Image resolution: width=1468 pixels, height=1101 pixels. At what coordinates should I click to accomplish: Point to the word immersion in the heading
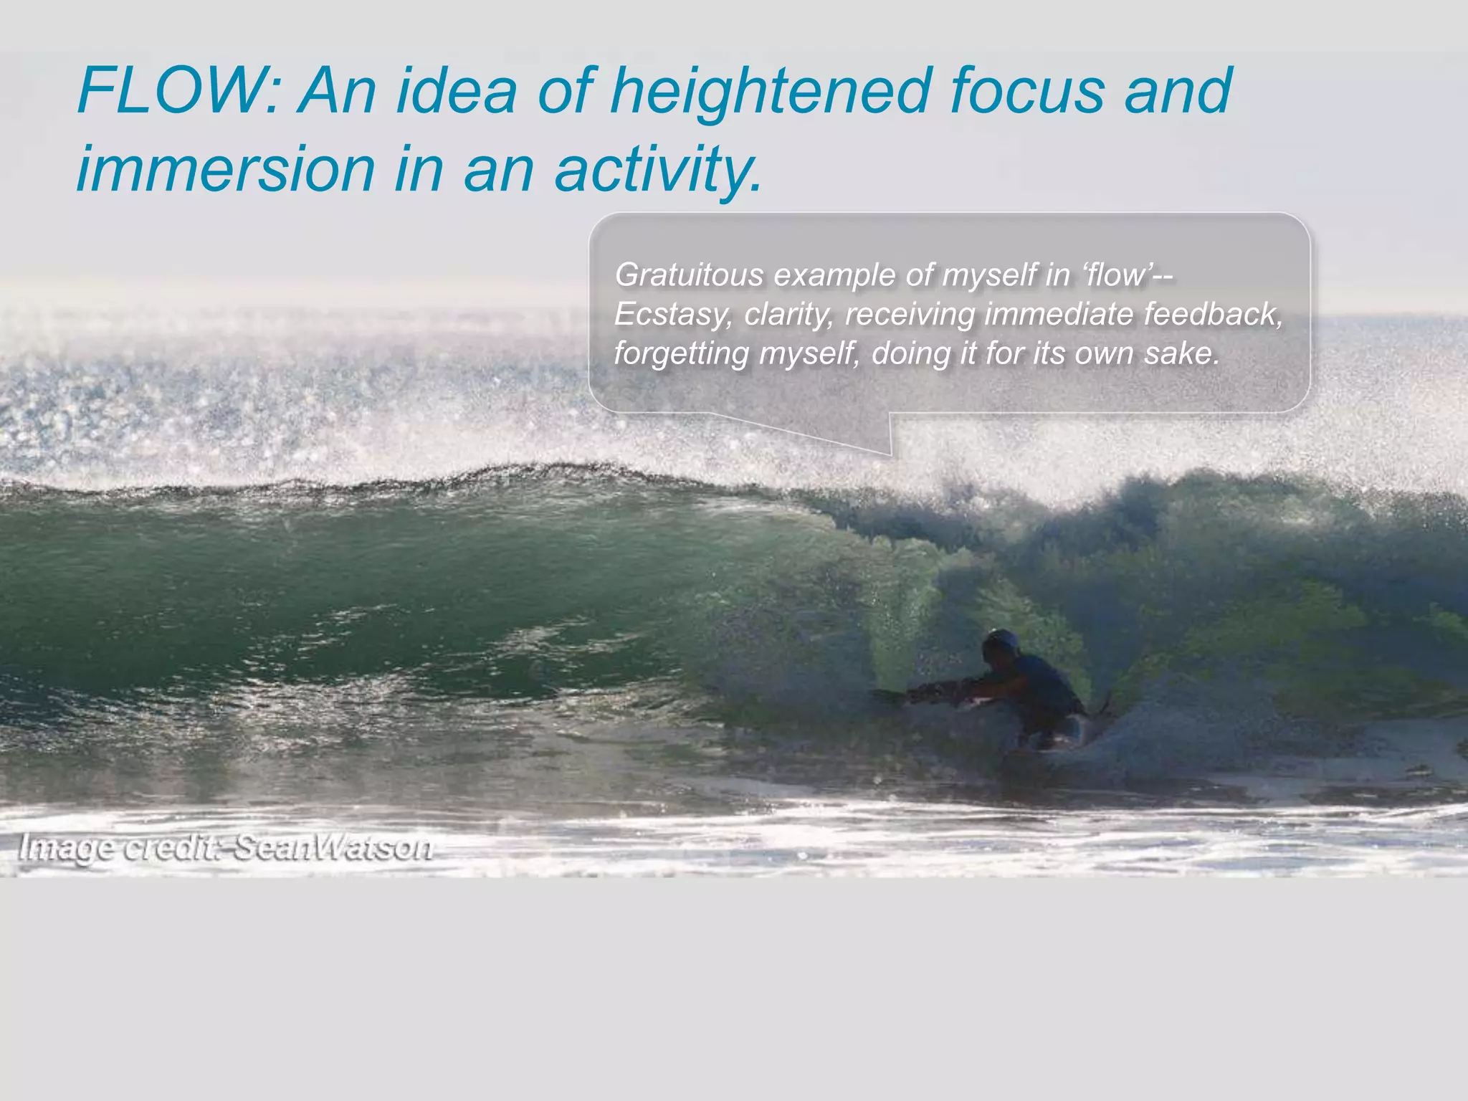pos(226,169)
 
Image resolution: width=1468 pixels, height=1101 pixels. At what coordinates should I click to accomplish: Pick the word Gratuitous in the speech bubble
pos(689,275)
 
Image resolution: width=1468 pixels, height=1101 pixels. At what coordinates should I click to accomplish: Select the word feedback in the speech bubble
pos(1212,314)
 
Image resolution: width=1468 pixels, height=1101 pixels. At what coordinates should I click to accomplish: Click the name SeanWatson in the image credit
pos(333,847)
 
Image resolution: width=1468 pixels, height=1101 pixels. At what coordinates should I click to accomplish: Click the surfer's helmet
pos(1001,642)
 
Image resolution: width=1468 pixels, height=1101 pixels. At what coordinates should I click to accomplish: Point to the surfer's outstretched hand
pos(886,694)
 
